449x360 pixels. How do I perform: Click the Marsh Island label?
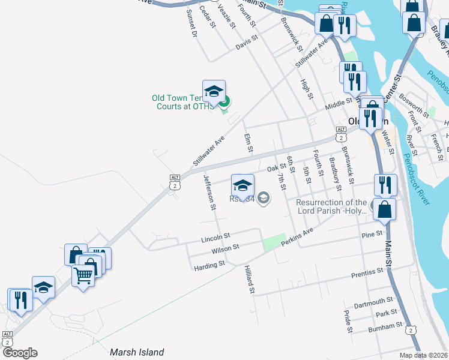pyautogui.click(x=137, y=352)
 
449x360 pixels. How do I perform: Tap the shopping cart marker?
pyautogui.click(x=83, y=275)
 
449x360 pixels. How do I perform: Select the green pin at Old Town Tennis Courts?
pyautogui.click(x=224, y=103)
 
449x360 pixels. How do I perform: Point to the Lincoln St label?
pyautogui.click(x=216, y=237)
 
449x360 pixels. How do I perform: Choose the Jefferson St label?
pyautogui.click(x=209, y=192)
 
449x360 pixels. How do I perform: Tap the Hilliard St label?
pyautogui.click(x=249, y=281)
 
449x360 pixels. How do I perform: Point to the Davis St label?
pyautogui.click(x=246, y=41)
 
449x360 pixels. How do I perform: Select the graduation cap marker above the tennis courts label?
pyautogui.click(x=214, y=91)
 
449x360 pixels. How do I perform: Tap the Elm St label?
pyautogui.click(x=249, y=143)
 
